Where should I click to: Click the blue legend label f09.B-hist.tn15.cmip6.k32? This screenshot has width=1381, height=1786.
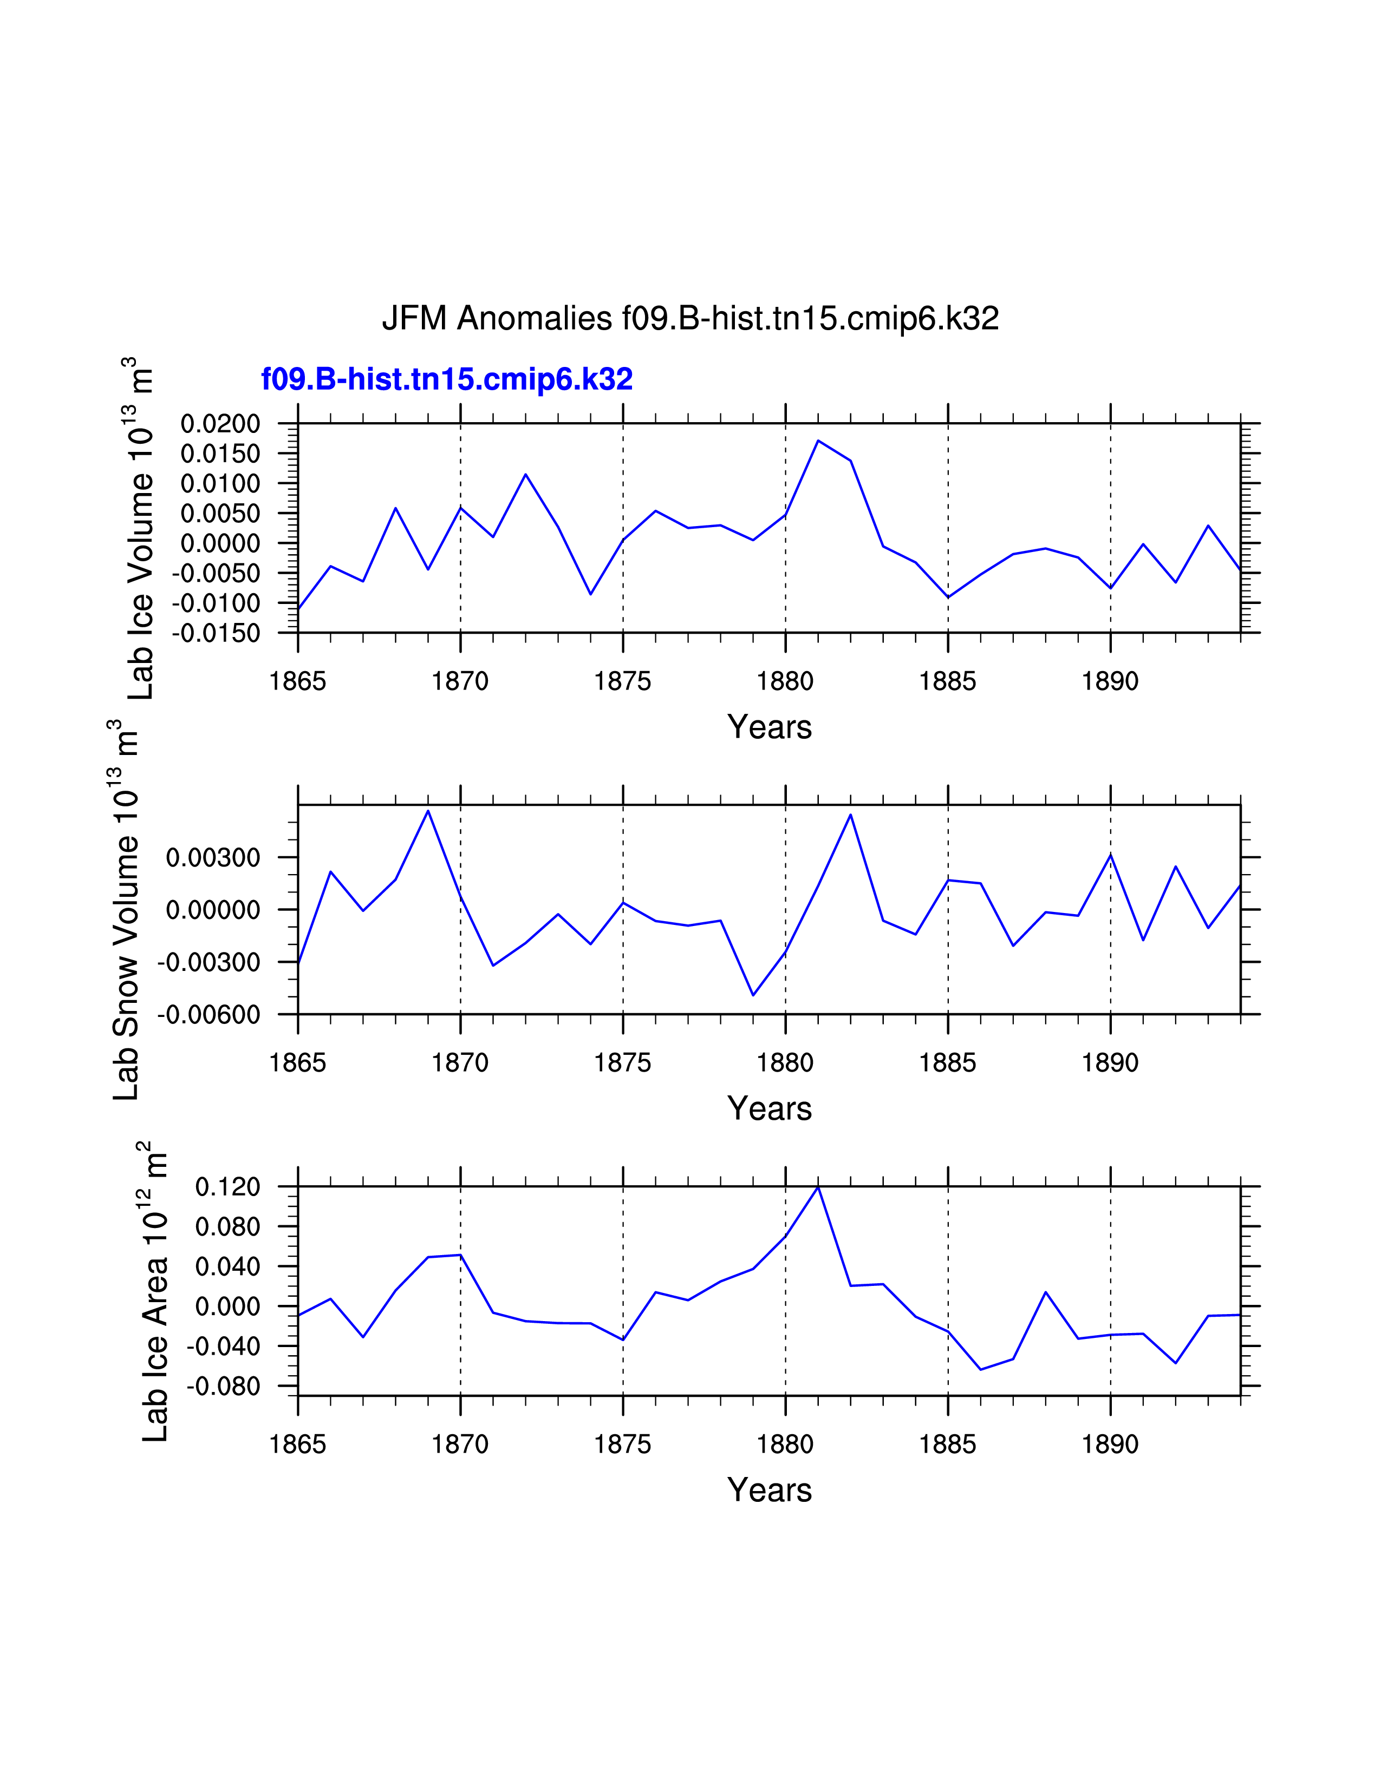pyautogui.click(x=447, y=379)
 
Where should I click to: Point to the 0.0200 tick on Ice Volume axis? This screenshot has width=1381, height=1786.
pyautogui.click(x=220, y=424)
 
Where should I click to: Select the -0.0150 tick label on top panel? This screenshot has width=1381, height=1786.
pyautogui.click(x=216, y=633)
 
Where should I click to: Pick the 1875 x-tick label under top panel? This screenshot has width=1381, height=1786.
pyautogui.click(x=623, y=681)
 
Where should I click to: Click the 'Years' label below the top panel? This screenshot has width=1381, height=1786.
pyautogui.click(x=769, y=727)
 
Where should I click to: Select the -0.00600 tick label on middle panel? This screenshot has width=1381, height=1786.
pyautogui.click(x=208, y=1015)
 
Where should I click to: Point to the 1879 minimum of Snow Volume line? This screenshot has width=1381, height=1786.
pyautogui.click(x=753, y=995)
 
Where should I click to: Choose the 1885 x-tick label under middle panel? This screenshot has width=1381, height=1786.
pyautogui.click(x=947, y=1063)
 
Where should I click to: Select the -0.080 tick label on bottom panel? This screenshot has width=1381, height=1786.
pyautogui.click(x=223, y=1386)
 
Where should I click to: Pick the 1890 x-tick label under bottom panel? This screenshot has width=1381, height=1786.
pyautogui.click(x=1110, y=1445)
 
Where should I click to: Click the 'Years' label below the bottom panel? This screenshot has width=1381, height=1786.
pyautogui.click(x=769, y=1490)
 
